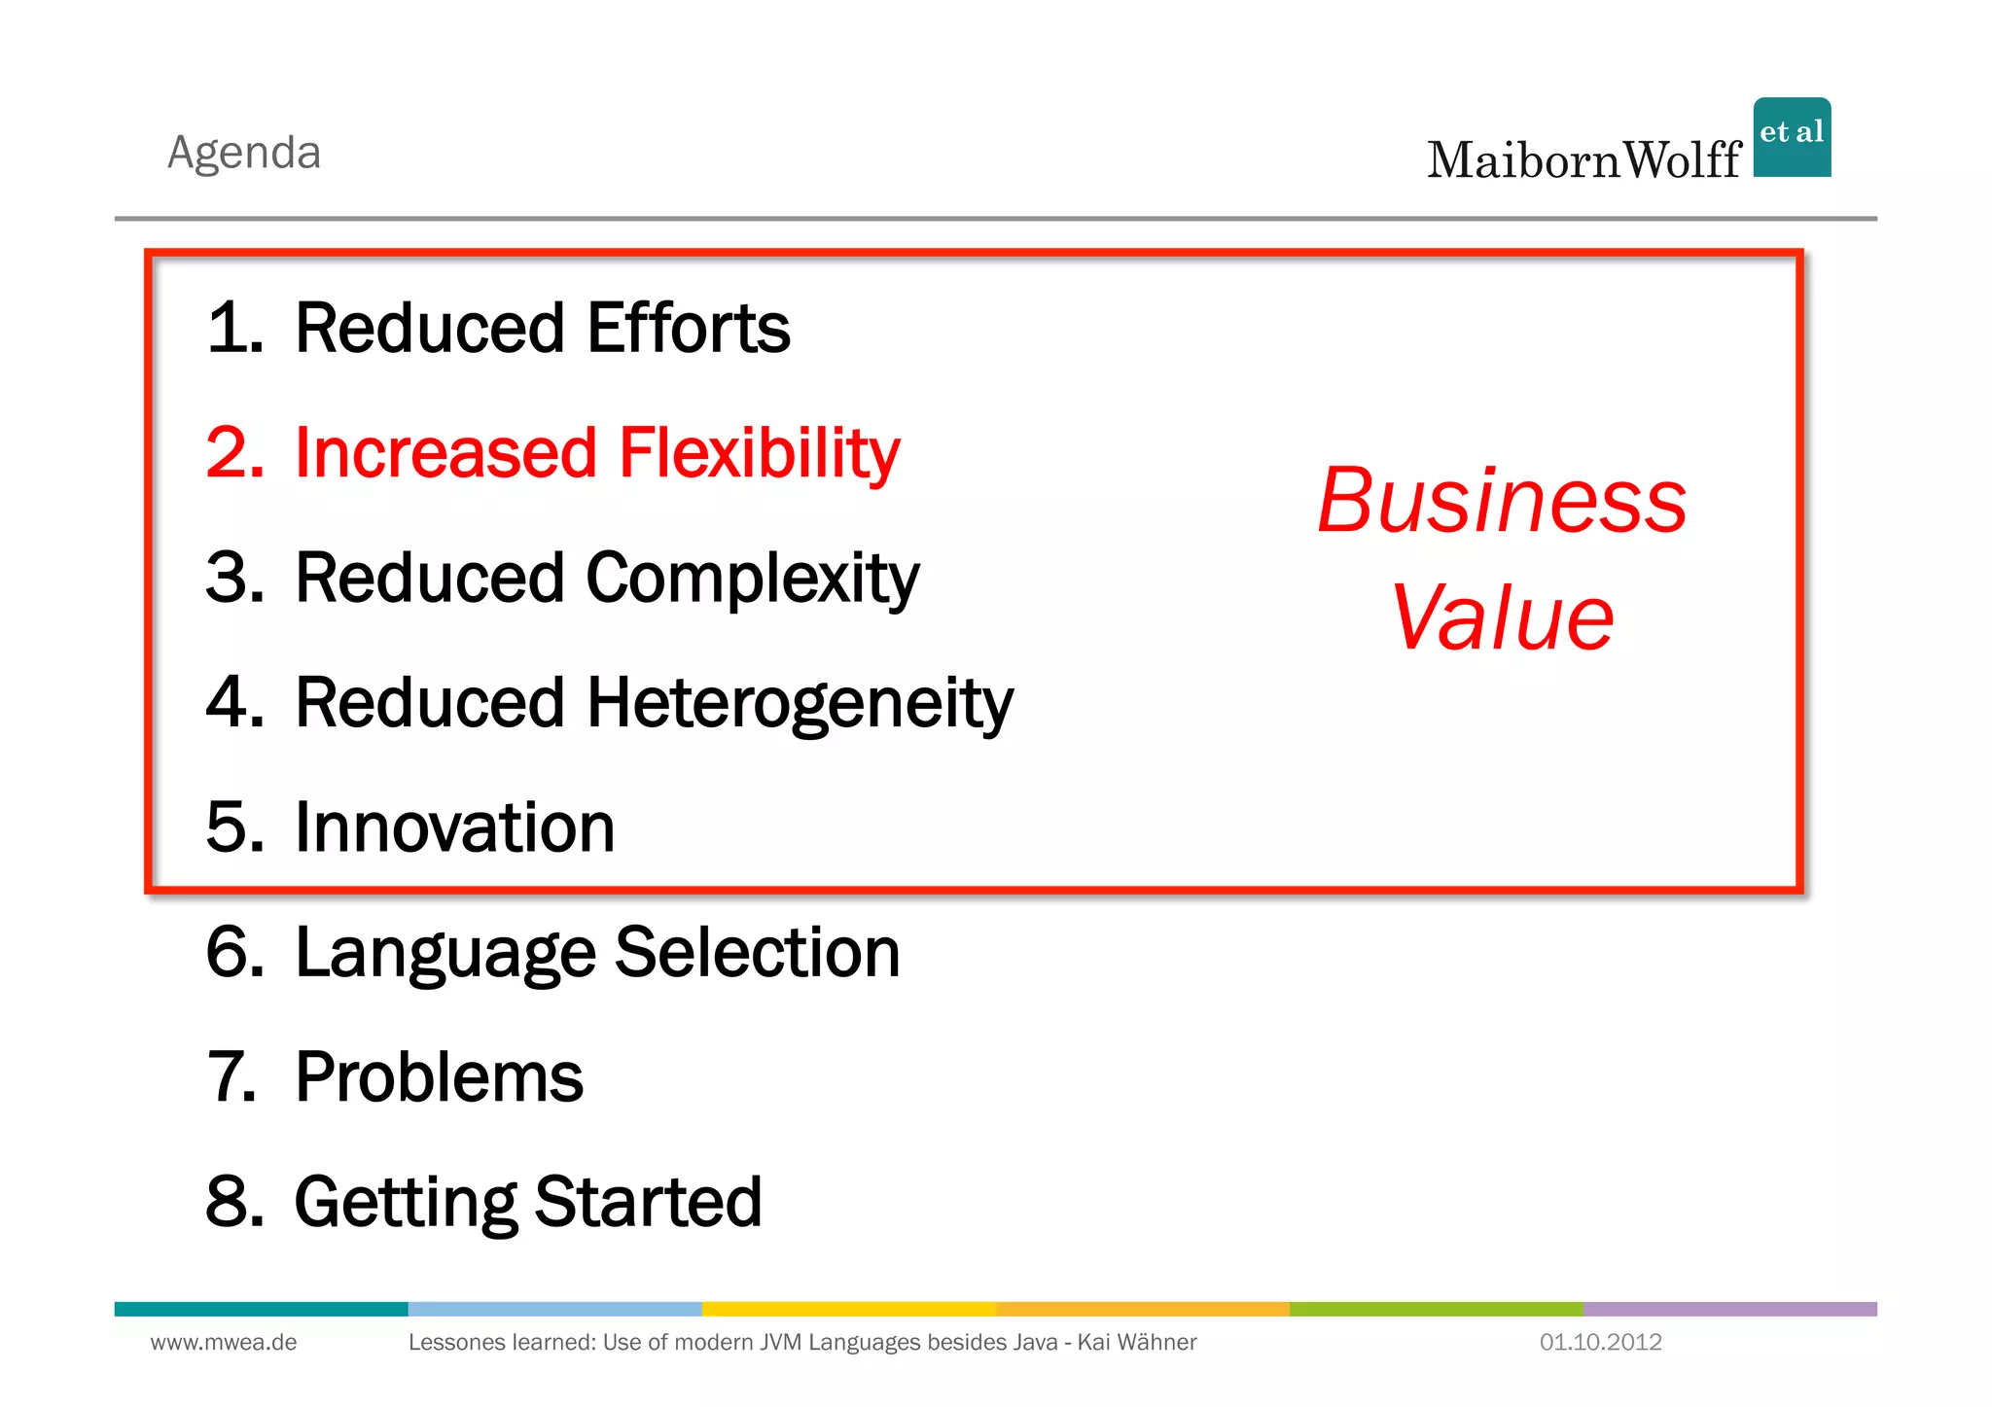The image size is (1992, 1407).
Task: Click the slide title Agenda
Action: (x=244, y=153)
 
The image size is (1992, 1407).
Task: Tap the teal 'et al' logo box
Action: (x=1792, y=137)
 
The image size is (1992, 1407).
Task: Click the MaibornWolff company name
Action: (x=1583, y=160)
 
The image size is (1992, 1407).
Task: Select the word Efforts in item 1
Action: (x=689, y=328)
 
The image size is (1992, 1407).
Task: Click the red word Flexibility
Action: (x=759, y=453)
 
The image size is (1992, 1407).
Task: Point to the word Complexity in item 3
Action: (x=752, y=579)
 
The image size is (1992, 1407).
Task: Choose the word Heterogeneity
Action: (x=800, y=703)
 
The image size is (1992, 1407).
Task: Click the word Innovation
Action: (x=454, y=827)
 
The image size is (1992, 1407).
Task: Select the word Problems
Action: (x=439, y=1077)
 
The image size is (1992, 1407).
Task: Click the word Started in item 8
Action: (x=648, y=1202)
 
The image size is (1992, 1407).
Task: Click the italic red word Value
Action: (x=1503, y=618)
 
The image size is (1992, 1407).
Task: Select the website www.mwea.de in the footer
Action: (x=224, y=1343)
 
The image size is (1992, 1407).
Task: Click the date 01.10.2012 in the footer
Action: (x=1600, y=1343)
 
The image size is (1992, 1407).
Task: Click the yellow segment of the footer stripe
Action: (x=849, y=1309)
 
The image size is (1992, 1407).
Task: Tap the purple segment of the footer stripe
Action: (x=1729, y=1309)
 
